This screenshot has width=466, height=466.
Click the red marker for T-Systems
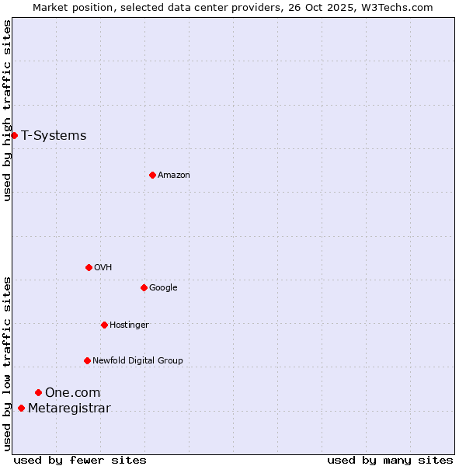point(14,135)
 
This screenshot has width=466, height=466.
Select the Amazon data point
point(152,175)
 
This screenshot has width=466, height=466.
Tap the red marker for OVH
point(89,267)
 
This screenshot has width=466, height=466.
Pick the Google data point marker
point(144,287)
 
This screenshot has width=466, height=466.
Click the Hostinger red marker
point(104,325)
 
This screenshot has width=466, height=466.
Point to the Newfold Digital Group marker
point(87,360)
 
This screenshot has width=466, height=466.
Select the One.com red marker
point(38,392)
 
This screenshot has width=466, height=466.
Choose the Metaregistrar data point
point(21,408)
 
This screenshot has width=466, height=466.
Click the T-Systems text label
point(54,136)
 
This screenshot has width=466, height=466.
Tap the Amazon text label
point(173,176)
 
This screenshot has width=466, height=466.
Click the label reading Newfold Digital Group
point(137,360)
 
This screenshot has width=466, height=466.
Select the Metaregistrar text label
point(69,409)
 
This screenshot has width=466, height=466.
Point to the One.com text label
point(72,393)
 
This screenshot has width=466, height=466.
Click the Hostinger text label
point(129,325)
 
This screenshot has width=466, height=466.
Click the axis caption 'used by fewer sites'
point(80,460)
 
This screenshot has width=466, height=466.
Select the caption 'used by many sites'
point(390,460)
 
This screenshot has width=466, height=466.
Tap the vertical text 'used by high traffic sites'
point(7,110)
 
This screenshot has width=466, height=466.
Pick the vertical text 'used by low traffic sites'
point(7,363)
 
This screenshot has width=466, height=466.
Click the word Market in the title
point(50,7)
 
